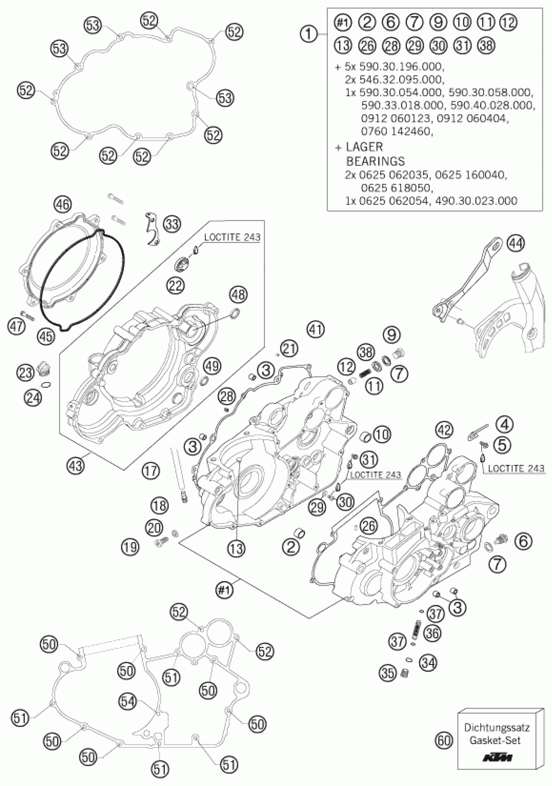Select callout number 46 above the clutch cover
click(x=63, y=205)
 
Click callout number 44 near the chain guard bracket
click(x=516, y=243)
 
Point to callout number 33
click(x=172, y=224)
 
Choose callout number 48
click(x=238, y=294)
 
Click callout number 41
click(x=315, y=329)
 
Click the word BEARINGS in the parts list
click(x=375, y=161)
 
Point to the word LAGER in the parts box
click(x=364, y=147)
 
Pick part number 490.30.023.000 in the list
click(x=476, y=201)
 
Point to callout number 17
click(x=151, y=471)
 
